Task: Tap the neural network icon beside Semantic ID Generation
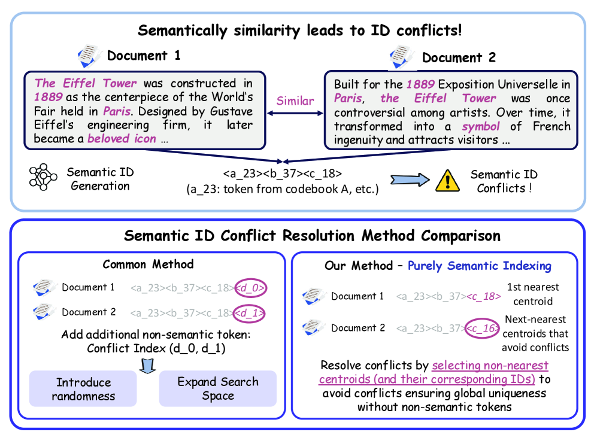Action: [x=43, y=177]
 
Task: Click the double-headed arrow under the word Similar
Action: [x=295, y=113]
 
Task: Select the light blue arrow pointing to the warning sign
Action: [x=410, y=180]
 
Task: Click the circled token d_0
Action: [x=250, y=288]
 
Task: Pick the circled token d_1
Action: [x=249, y=314]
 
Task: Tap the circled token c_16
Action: [x=482, y=329]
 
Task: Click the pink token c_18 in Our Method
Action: [x=483, y=296]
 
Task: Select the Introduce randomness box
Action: [x=83, y=389]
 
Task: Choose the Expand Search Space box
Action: [x=218, y=388]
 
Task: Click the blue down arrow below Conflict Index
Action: [x=147, y=366]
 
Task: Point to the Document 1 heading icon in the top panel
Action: [x=89, y=56]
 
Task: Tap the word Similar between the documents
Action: [x=295, y=101]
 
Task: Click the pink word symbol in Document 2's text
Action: [x=480, y=127]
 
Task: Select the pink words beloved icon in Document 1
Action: [x=122, y=138]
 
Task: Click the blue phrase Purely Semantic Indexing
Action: [x=480, y=266]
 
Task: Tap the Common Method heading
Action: [x=148, y=264]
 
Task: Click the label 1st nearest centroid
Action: [x=533, y=294]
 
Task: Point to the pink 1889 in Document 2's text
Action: [x=420, y=84]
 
